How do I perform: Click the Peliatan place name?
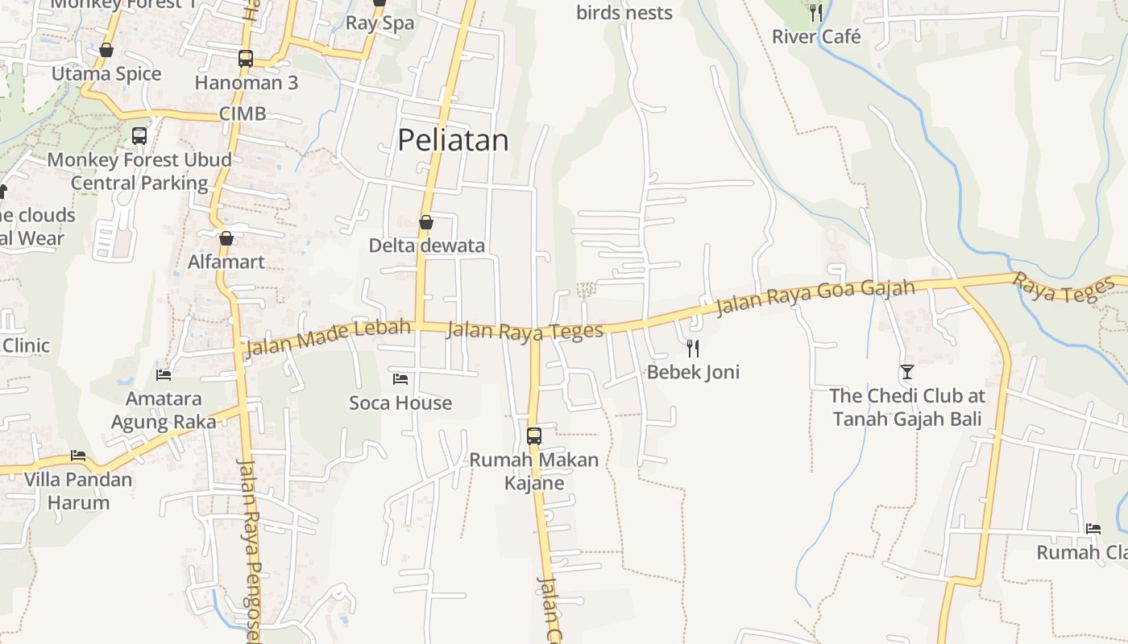[453, 141]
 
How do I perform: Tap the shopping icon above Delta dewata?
[426, 222]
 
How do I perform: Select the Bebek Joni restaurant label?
[693, 372]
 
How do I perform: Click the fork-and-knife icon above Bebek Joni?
[692, 348]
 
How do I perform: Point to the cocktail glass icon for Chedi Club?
[907, 372]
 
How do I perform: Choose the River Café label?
[816, 37]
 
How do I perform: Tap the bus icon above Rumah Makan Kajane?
[534, 436]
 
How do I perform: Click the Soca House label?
[400, 402]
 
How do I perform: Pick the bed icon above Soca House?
[400, 378]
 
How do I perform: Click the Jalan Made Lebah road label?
[328, 336]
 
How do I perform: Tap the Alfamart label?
[226, 262]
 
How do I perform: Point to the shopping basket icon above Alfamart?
[226, 238]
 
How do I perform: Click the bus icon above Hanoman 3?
[246, 59]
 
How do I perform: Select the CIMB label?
[243, 114]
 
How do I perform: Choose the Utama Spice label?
[106, 74]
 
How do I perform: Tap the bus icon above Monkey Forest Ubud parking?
[139, 135]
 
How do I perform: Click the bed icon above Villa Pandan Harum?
[78, 456]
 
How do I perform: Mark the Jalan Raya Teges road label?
[525, 331]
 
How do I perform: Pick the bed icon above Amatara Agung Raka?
[164, 374]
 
